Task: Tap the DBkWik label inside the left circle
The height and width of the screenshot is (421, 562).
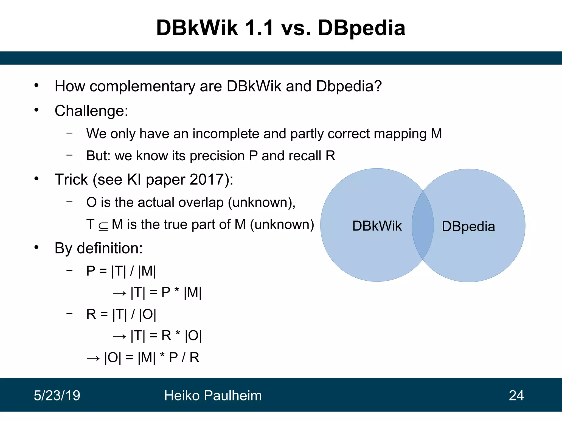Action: tap(377, 226)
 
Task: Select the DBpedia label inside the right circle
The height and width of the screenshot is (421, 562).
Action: tap(468, 226)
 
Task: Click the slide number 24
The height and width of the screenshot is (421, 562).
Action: tap(516, 396)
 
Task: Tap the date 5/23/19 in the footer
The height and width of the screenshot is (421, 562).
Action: tap(57, 396)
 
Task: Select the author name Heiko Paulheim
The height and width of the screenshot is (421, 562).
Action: tap(213, 396)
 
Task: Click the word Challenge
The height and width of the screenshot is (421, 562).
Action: tap(91, 111)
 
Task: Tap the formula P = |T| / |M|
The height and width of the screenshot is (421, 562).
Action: tap(121, 271)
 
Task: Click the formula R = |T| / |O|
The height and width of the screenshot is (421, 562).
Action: tap(121, 314)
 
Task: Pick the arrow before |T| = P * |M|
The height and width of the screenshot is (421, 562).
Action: tap(119, 293)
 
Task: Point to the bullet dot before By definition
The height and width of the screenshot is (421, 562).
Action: tap(36, 248)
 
